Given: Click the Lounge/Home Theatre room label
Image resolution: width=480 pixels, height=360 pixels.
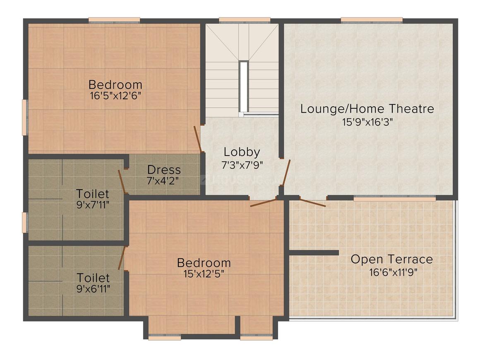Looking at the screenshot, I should (367, 109).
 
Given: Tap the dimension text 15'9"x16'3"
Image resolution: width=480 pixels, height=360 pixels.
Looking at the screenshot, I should (367, 122).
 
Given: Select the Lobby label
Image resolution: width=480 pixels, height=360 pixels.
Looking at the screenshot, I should (242, 152).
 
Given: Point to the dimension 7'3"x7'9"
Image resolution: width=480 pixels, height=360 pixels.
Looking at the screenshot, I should (242, 164).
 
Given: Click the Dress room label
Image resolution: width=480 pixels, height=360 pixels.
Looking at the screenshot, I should (164, 170).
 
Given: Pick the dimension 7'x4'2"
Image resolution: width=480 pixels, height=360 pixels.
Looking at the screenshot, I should (164, 180).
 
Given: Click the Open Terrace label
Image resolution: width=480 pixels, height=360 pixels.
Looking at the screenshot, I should (391, 259).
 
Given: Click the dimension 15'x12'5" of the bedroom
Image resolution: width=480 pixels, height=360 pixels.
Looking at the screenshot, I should (204, 274).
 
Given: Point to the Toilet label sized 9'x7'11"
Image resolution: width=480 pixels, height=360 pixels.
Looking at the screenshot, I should (93, 194).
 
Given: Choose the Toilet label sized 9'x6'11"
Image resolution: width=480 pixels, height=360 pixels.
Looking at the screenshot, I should (93, 277).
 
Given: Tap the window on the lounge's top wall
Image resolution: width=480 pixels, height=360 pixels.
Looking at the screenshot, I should (372, 19).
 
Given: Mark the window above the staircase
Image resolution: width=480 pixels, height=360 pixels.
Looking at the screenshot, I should (244, 19).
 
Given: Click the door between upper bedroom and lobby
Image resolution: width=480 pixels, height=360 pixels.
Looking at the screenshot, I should (198, 139).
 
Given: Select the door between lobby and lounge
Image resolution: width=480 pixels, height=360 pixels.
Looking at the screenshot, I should (286, 172).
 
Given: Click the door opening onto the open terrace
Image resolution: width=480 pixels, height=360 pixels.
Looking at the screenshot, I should (312, 202).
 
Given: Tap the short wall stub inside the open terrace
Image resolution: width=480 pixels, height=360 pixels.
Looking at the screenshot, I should (314, 252).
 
